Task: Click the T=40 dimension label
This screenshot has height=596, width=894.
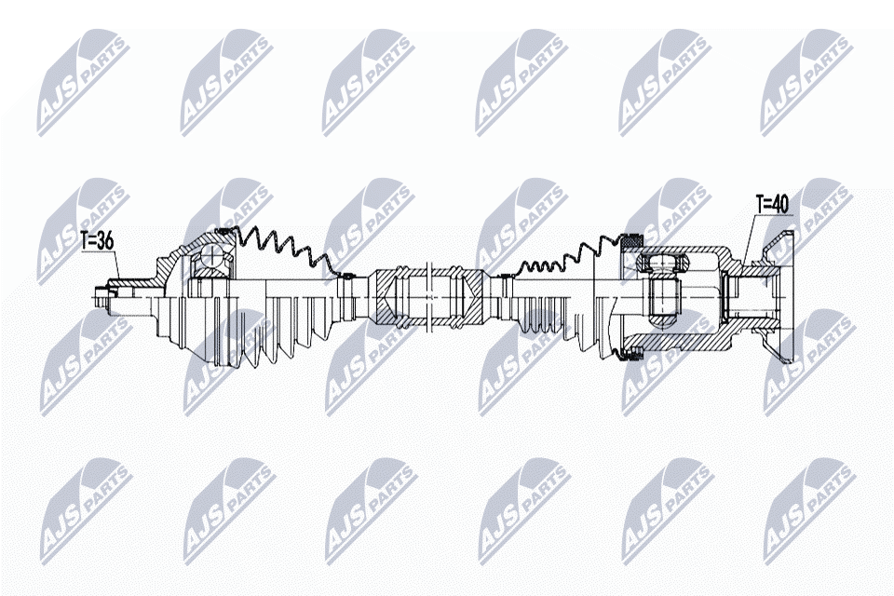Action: click(773, 204)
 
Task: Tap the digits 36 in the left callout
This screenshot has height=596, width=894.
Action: click(104, 240)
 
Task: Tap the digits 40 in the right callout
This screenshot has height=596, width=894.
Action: click(780, 204)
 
